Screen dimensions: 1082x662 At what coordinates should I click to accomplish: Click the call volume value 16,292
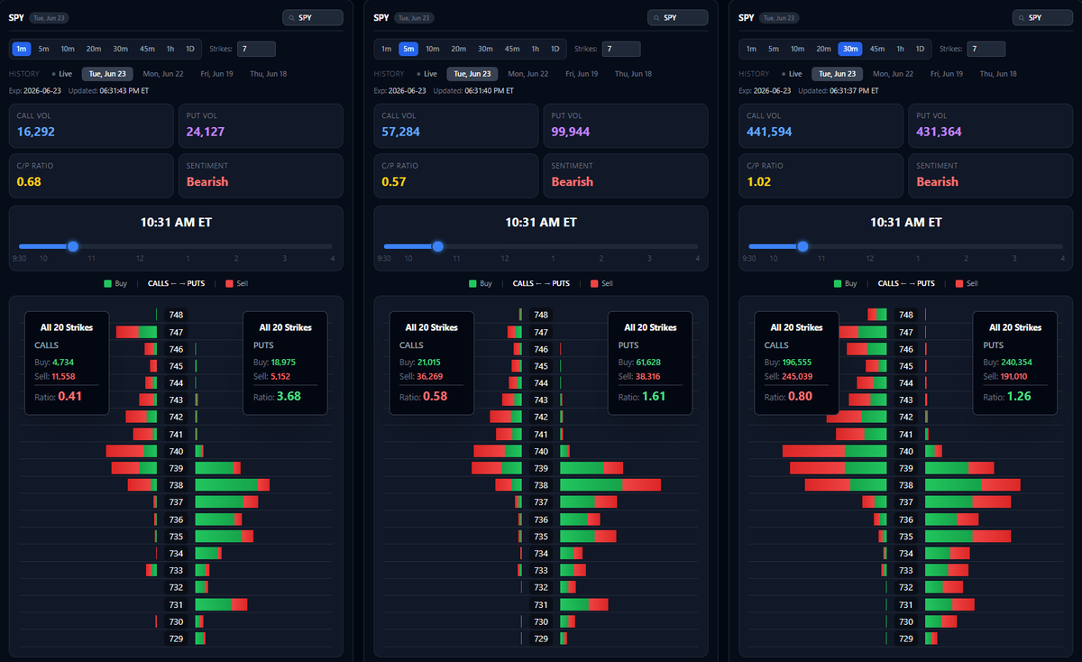pyautogui.click(x=36, y=132)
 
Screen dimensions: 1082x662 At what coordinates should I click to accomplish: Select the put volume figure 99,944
pyautogui.click(x=571, y=132)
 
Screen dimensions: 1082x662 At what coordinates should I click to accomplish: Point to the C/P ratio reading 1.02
pyautogui.click(x=759, y=181)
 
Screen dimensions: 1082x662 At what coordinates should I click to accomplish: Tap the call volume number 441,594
pyautogui.click(x=769, y=132)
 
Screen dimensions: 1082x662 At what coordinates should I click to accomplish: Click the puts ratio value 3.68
pyautogui.click(x=289, y=396)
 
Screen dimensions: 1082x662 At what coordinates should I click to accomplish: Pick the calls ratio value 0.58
pyautogui.click(x=436, y=396)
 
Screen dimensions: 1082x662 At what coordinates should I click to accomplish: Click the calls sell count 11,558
pyautogui.click(x=63, y=376)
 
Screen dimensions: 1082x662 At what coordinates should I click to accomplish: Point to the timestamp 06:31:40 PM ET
pyautogui.click(x=489, y=91)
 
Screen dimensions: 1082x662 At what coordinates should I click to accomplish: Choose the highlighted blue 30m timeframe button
pyautogui.click(x=850, y=49)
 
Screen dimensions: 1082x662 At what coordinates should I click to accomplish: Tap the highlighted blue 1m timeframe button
pyautogui.click(x=22, y=49)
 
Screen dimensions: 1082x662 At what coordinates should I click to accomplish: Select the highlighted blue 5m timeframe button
pyautogui.click(x=408, y=49)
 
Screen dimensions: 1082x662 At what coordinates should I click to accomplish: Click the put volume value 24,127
pyautogui.click(x=206, y=132)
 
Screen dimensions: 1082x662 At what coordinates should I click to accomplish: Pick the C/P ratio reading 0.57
pyautogui.click(x=394, y=181)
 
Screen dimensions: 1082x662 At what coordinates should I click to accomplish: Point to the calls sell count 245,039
pyautogui.click(x=796, y=376)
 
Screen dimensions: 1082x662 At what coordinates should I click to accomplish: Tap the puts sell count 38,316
pyautogui.click(x=647, y=376)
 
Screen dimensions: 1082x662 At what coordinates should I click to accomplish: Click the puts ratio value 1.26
pyautogui.click(x=1019, y=396)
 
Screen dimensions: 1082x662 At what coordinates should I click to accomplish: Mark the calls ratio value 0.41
pyautogui.click(x=70, y=396)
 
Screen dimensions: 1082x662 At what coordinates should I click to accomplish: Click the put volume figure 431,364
pyautogui.click(x=939, y=132)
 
